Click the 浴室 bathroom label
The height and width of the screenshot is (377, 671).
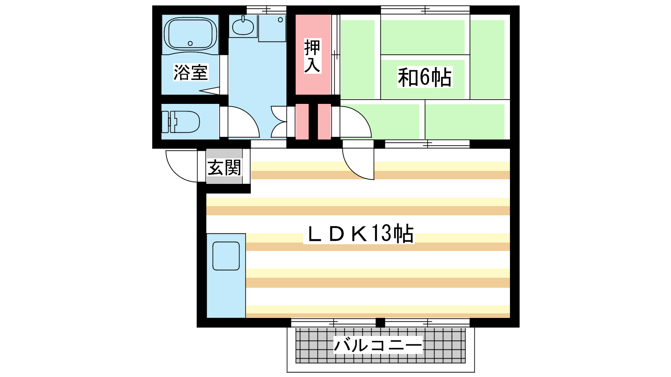190,72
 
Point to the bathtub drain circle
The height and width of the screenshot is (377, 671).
190,44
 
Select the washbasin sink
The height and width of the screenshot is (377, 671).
243,27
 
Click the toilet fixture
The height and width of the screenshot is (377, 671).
181,122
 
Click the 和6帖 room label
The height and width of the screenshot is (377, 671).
424,77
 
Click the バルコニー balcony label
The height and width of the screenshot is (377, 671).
378,345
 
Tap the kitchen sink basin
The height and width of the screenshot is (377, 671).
226,256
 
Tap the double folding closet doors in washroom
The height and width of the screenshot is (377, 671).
278,122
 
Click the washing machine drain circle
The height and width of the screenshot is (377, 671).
281,20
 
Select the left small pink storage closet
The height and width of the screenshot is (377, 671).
302,121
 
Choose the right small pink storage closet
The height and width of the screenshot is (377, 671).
324,121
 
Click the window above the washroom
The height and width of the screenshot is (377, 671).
266,10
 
